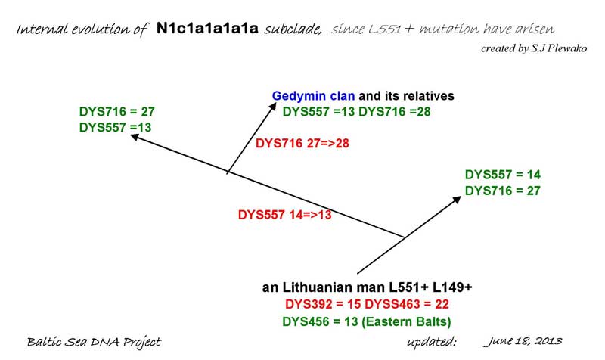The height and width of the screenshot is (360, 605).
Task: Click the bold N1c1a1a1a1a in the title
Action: coord(207,29)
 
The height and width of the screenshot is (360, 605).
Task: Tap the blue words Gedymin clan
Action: coord(313,96)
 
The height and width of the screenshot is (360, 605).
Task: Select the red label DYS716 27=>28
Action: coord(302,143)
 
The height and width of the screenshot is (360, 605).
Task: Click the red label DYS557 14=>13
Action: coord(285,215)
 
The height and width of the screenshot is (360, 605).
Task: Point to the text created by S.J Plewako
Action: coord(534,48)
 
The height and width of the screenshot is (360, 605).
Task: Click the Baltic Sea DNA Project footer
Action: coord(94,342)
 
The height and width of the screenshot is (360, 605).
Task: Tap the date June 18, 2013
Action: coord(523,341)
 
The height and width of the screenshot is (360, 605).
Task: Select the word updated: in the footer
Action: coord(432,342)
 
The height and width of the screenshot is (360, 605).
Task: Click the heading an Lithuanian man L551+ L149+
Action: coord(367,287)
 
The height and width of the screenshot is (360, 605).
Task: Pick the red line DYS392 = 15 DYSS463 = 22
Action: coord(367,305)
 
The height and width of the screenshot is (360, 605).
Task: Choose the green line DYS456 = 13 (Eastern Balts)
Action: coord(367,321)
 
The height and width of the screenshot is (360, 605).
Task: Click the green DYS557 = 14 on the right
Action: coord(502,175)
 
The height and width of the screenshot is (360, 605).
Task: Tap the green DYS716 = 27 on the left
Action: coord(117,112)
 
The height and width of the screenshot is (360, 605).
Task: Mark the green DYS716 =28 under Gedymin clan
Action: coord(394,112)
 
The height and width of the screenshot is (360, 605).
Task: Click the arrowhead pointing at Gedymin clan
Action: coord(273,106)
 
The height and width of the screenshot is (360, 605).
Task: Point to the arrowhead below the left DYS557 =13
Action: coord(135,137)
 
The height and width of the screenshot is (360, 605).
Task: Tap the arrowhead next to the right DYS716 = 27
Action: coord(457,199)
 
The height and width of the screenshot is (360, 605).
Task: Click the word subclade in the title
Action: coord(293,29)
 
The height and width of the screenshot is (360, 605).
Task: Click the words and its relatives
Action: coord(406,96)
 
